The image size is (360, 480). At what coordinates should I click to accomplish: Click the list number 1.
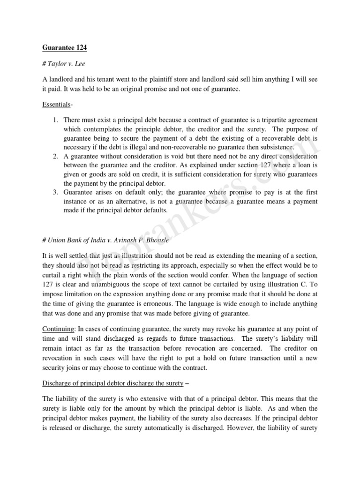55,120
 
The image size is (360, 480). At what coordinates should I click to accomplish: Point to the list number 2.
55,156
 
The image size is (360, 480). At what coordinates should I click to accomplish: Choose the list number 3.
55,192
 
